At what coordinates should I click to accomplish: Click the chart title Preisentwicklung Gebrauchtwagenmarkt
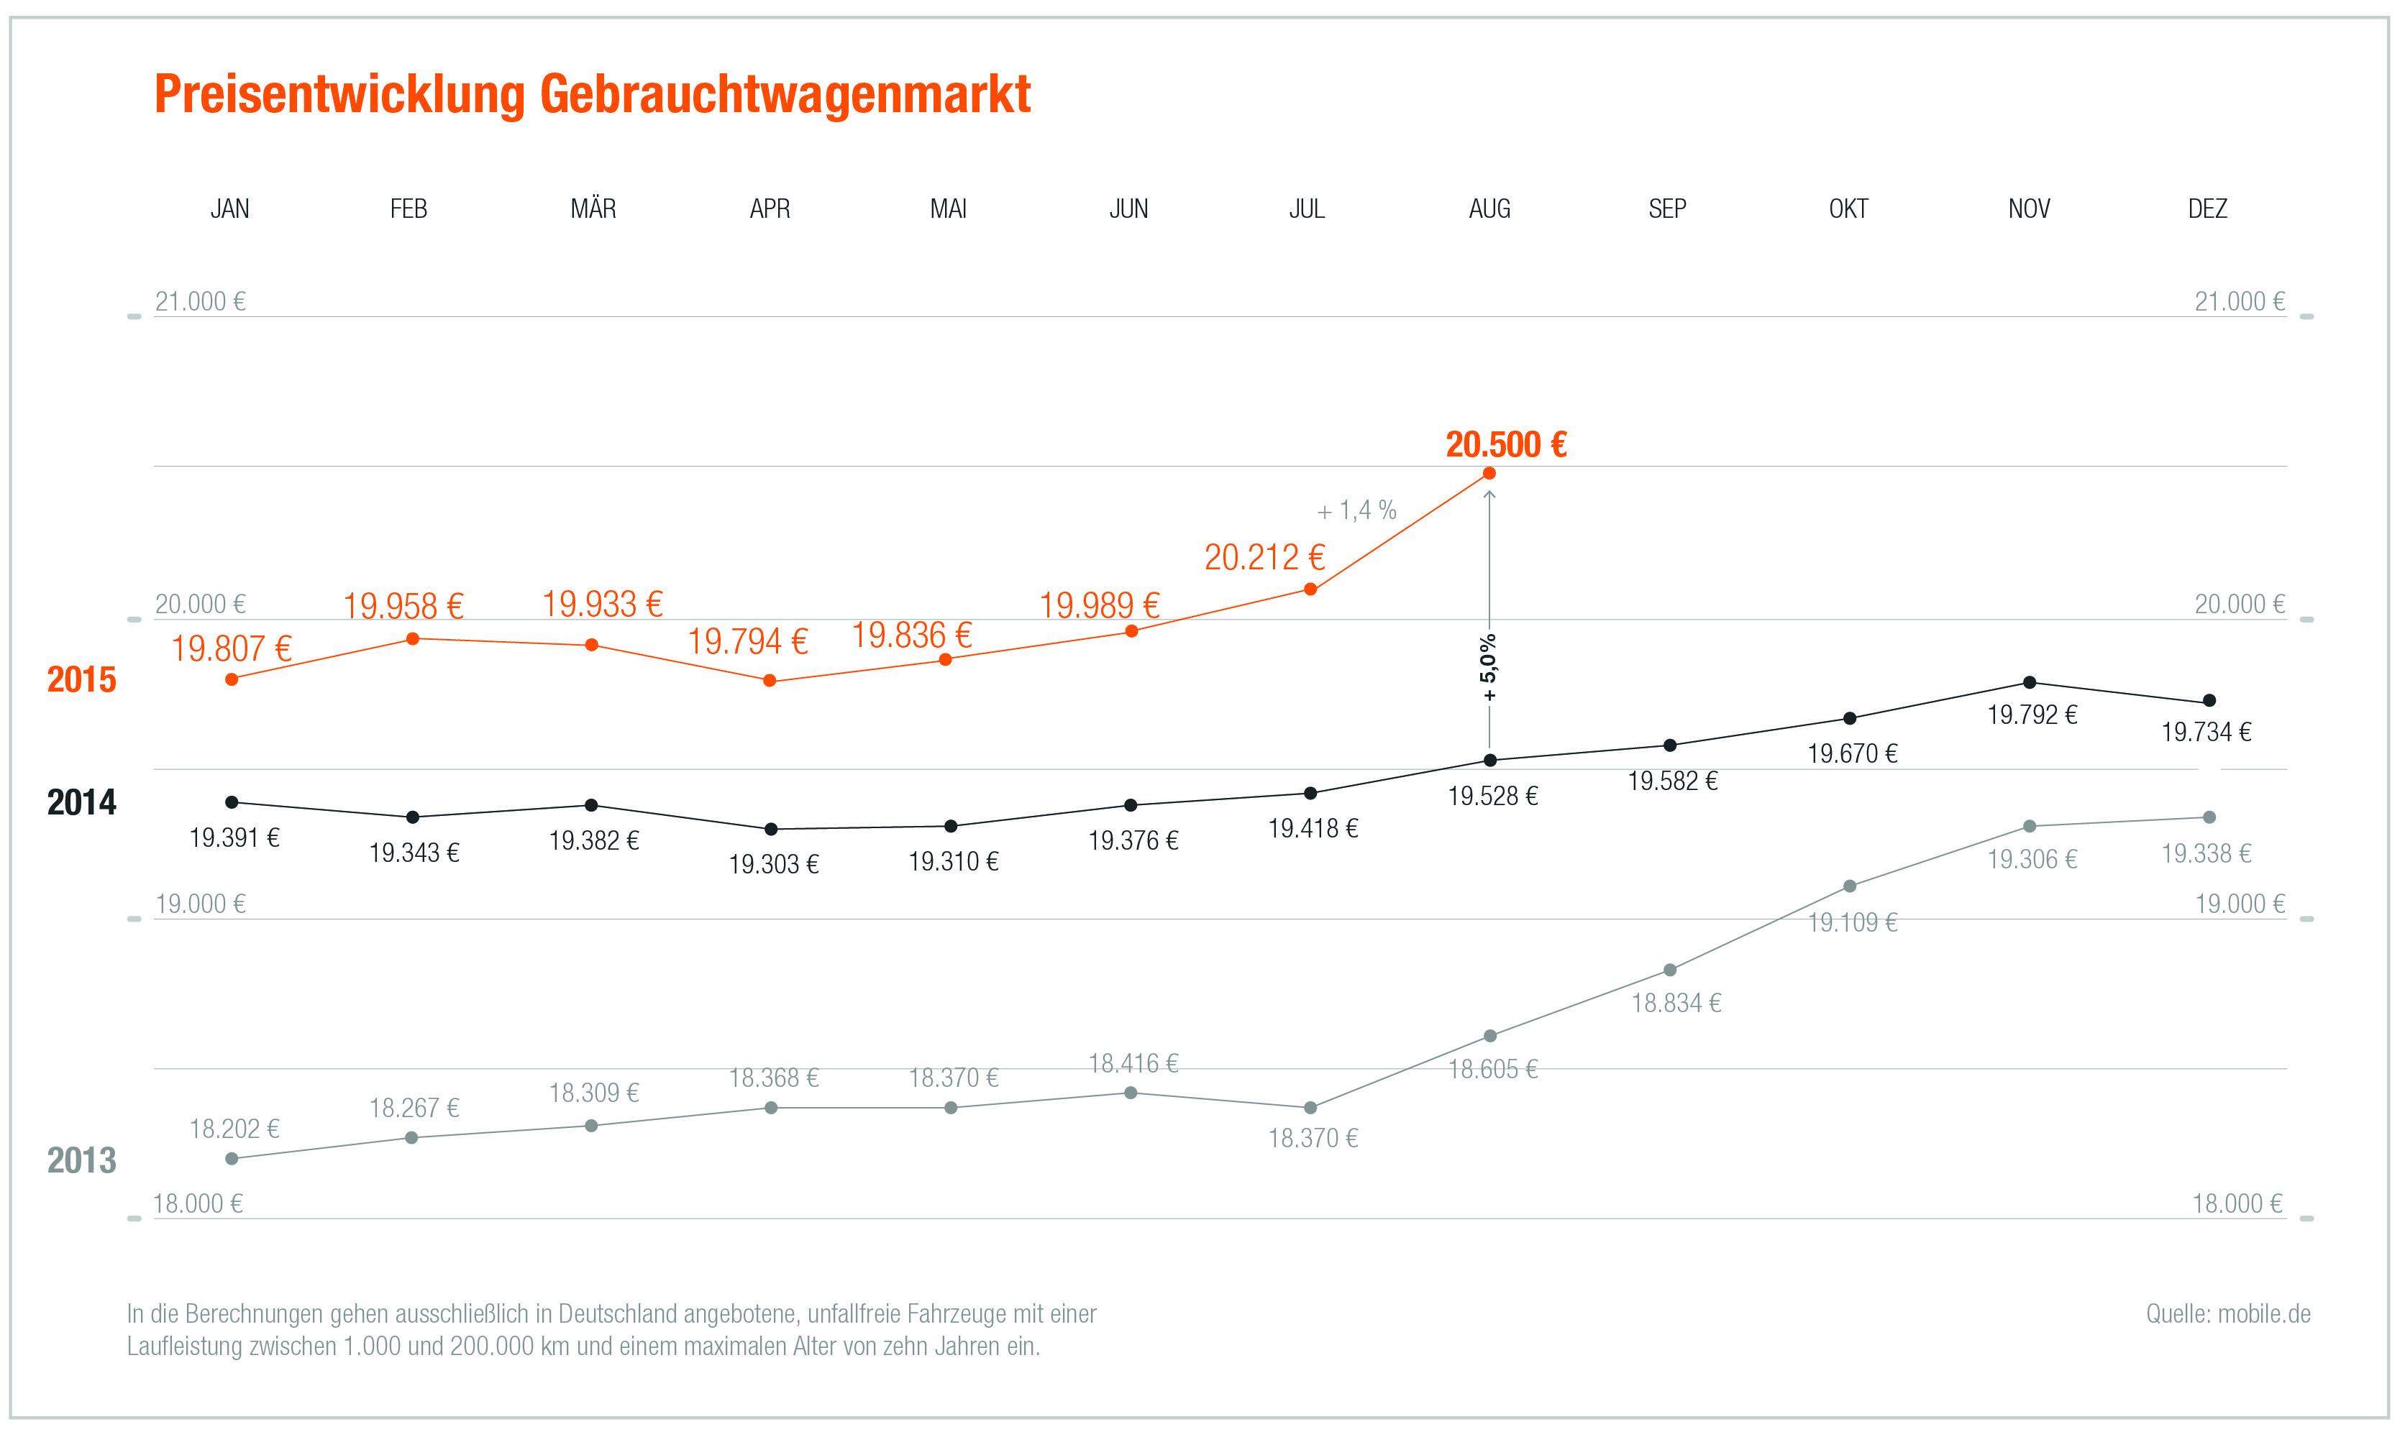click(592, 95)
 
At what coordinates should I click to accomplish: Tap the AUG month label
click(1489, 208)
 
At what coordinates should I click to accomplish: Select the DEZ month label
click(2207, 208)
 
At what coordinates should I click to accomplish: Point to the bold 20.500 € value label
click(1505, 445)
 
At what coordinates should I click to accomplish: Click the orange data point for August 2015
click(1489, 473)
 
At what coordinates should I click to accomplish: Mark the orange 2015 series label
click(81, 680)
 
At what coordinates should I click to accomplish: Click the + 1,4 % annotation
click(1357, 510)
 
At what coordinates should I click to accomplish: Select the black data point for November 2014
click(2030, 682)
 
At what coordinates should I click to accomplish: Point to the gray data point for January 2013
click(232, 1159)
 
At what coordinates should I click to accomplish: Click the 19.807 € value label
click(232, 648)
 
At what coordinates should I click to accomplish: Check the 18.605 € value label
click(1493, 1069)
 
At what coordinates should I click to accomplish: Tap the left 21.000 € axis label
click(201, 302)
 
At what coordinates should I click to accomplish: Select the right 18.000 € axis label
click(2237, 1203)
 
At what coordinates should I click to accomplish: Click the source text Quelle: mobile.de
click(2227, 1313)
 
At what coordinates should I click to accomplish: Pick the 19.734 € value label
click(2207, 733)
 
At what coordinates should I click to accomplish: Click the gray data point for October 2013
click(1850, 886)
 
